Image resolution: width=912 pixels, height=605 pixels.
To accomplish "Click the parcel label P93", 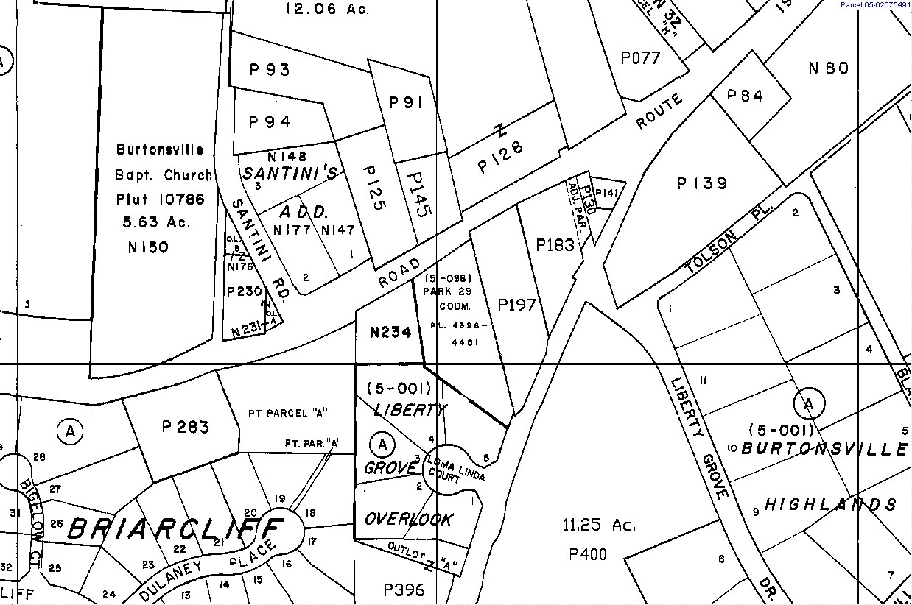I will click(x=270, y=70).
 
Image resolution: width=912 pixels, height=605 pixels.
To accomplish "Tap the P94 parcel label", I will click(x=270, y=122).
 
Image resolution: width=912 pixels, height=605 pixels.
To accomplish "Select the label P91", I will click(x=405, y=103).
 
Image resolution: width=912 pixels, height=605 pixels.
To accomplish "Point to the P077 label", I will click(x=641, y=57).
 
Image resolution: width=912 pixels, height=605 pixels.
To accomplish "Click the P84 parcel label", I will click(x=745, y=96).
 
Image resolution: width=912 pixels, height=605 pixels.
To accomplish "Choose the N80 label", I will click(x=829, y=68).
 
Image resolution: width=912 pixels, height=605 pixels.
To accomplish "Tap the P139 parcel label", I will click(x=702, y=183).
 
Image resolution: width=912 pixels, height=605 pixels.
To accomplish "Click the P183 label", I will click(x=555, y=244).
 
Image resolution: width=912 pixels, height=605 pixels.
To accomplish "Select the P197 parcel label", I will click(x=517, y=304).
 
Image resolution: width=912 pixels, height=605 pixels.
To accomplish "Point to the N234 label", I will click(x=390, y=332).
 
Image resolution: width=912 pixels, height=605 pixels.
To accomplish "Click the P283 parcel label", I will click(x=185, y=427).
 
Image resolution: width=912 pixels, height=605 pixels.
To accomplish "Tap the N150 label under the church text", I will click(x=148, y=247).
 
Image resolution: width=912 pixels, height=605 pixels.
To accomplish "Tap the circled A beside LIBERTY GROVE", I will click(x=382, y=444).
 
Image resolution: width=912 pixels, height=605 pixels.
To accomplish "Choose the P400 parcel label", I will click(x=589, y=554).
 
